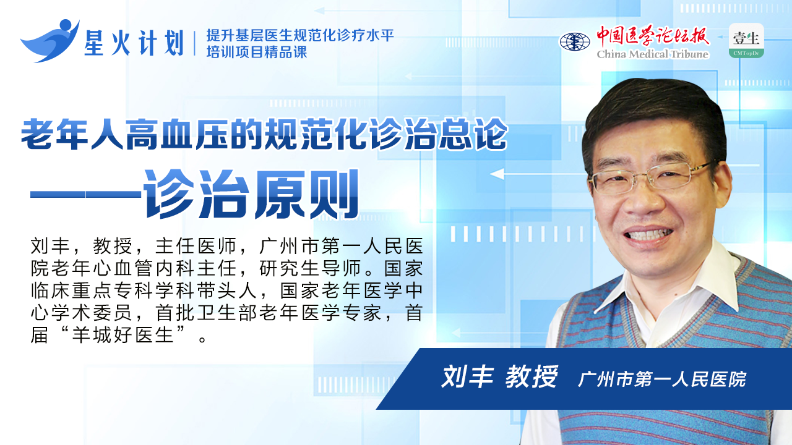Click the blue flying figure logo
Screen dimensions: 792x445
click(49, 41)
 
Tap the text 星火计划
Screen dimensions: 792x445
click(134, 43)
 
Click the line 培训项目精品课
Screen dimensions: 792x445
click(257, 53)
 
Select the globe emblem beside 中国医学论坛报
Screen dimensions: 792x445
click(575, 41)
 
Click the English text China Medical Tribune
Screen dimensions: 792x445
click(653, 54)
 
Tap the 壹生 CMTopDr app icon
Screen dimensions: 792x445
click(746, 41)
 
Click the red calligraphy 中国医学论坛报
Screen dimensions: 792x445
click(653, 36)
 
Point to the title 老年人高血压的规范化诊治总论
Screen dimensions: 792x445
click(264, 134)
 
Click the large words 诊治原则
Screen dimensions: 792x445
click(251, 194)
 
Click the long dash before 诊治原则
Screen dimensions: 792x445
click(86, 194)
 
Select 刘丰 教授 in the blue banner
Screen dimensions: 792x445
click(499, 376)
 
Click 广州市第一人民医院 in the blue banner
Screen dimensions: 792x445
click(662, 379)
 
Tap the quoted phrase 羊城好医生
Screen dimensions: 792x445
click(123, 335)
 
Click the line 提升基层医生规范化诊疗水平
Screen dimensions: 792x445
click(300, 35)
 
